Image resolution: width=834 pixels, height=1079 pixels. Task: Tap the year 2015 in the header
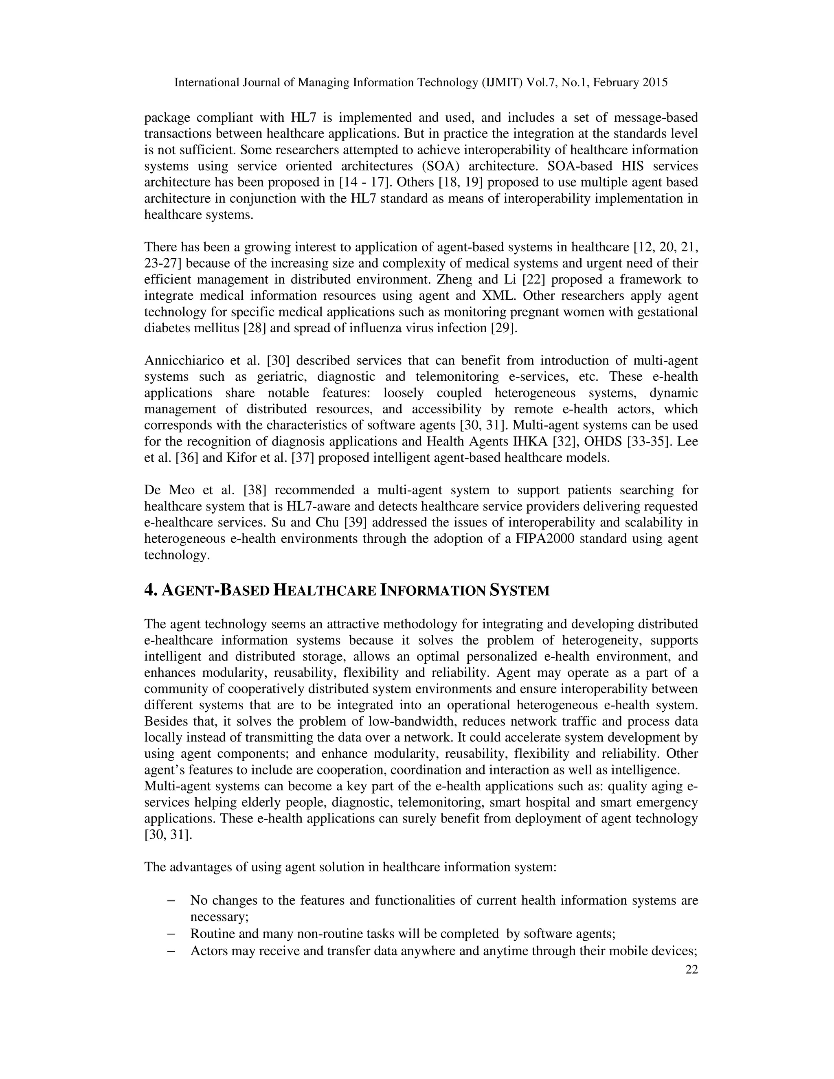click(655, 83)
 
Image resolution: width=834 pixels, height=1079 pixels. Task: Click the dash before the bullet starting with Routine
click(171, 934)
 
